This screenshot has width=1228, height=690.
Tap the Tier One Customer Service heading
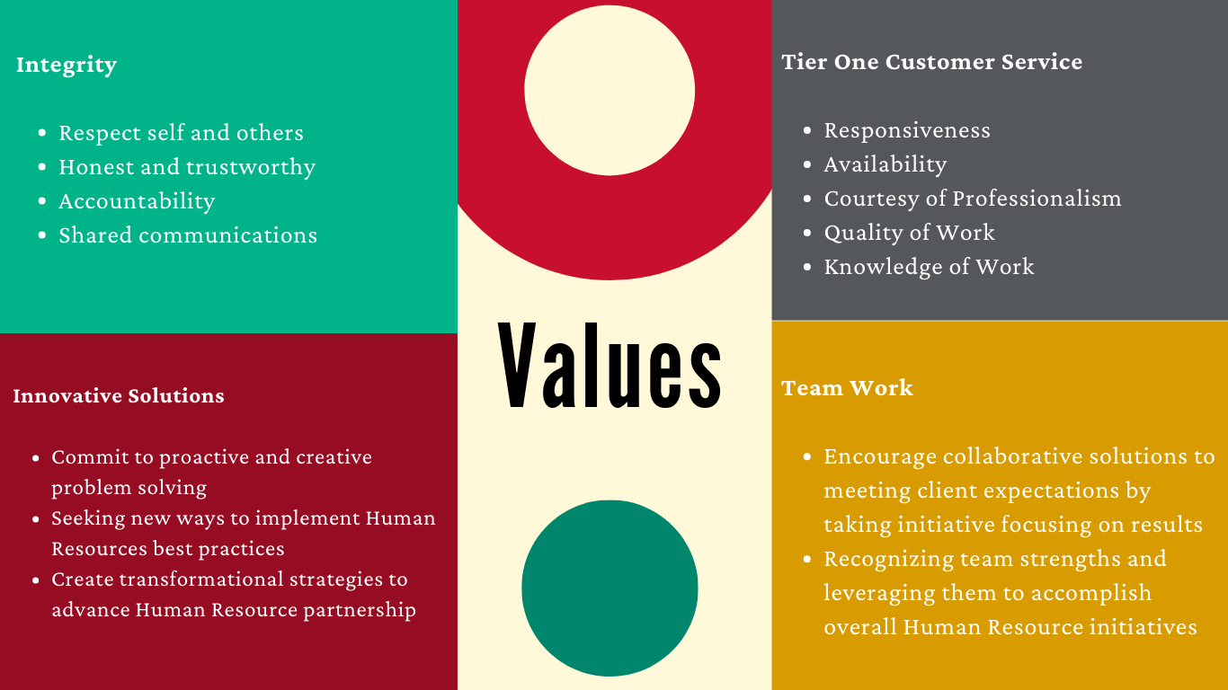[x=932, y=62]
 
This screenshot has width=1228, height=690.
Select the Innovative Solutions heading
[x=119, y=395]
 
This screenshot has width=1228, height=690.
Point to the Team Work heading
[x=847, y=388]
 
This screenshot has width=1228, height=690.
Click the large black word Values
[x=610, y=366]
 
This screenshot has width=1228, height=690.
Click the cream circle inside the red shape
[x=610, y=91]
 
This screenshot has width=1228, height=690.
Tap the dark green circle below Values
[x=610, y=588]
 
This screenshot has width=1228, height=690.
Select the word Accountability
[x=137, y=201]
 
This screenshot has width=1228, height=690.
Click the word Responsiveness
[x=907, y=131]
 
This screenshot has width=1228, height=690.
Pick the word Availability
[x=885, y=165]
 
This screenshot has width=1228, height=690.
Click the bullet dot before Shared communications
[x=42, y=235]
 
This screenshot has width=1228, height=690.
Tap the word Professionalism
[x=1037, y=199]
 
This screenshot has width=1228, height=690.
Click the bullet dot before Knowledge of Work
[x=807, y=267]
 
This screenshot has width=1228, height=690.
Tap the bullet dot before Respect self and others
[x=42, y=133]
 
